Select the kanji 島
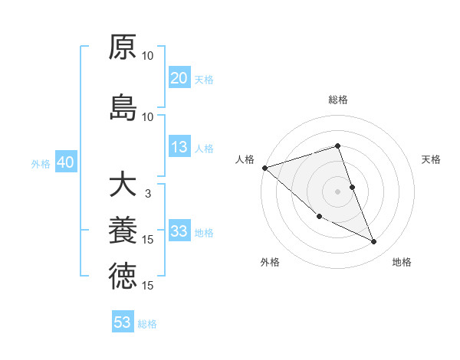coord(123,107)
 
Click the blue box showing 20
coord(179,77)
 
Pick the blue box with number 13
coord(179,147)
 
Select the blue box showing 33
coord(179,231)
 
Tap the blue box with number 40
coord(65,162)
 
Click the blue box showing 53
coord(123,322)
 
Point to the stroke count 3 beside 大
coord(148,194)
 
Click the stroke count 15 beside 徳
coord(148,286)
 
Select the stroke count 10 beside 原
coord(148,56)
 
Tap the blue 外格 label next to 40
coord(41,163)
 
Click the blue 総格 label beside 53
coord(147,324)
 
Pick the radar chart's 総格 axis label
coord(338,100)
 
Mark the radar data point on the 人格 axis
coord(264,167)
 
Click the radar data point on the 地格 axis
coord(374,241)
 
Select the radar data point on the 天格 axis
coord(353,186)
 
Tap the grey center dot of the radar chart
coord(338,191)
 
